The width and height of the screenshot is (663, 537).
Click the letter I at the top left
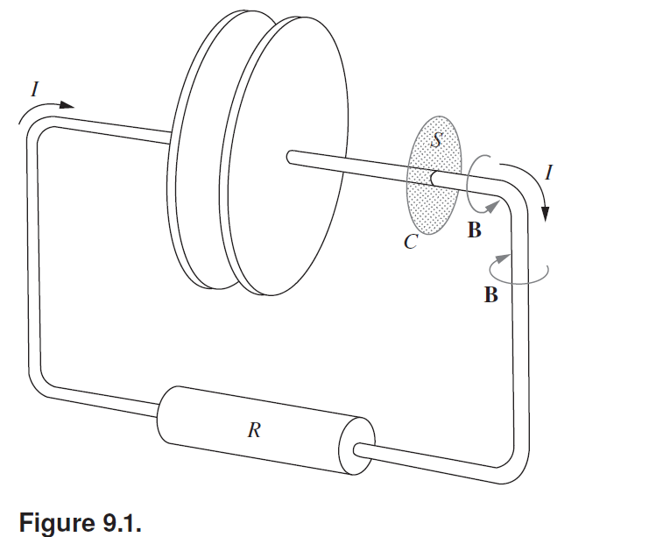[33, 88]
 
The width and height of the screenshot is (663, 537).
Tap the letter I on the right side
[548, 173]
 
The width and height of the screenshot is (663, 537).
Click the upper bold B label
[474, 231]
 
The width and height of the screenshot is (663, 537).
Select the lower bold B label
[491, 295]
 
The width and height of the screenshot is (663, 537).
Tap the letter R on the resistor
[252, 429]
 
